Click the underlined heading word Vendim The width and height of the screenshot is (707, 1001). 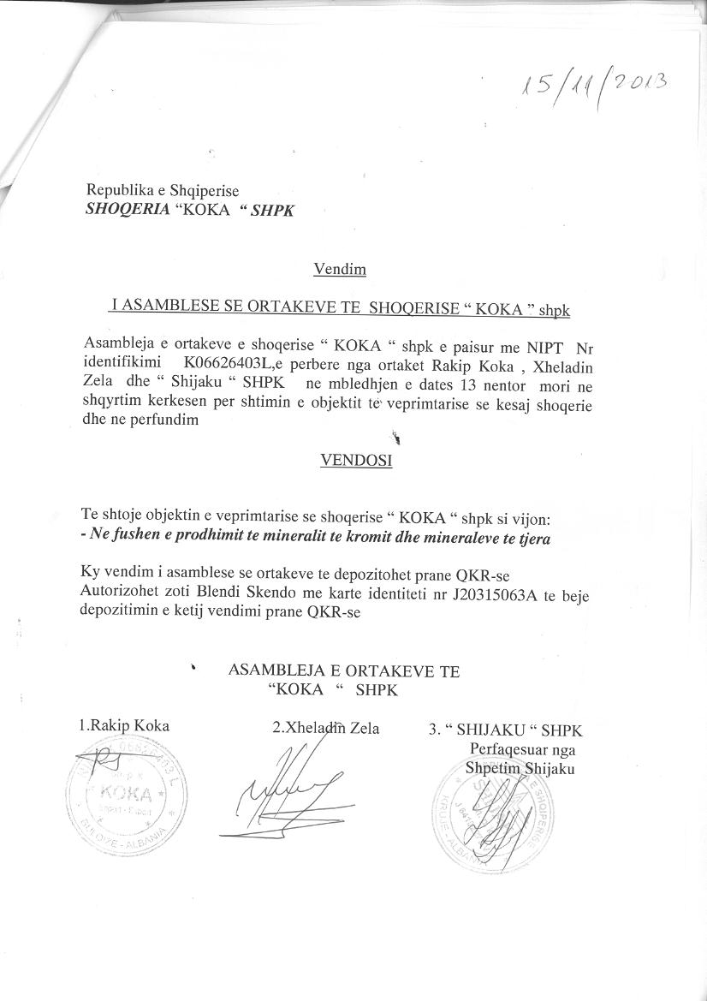coord(340,270)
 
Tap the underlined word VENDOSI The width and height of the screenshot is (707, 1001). coord(356,461)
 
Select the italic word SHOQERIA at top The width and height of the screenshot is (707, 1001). coord(126,209)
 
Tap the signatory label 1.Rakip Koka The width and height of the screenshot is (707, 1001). coord(124,726)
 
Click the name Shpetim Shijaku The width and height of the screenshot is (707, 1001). coord(520,767)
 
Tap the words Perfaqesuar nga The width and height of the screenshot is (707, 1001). coord(522,749)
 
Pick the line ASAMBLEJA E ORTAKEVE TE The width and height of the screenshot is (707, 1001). coord(344,672)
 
